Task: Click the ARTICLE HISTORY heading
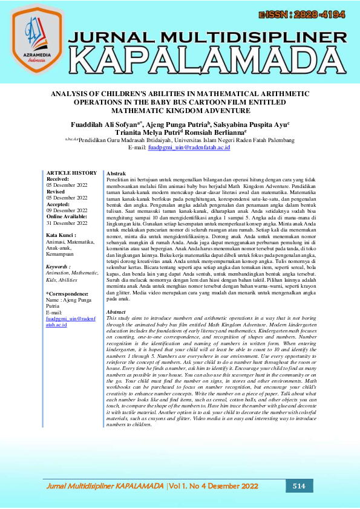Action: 71,173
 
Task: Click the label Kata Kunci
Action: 62,235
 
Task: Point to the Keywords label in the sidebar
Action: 59,266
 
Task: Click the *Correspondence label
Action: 68,293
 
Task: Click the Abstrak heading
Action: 116,173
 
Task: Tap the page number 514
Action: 299,486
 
